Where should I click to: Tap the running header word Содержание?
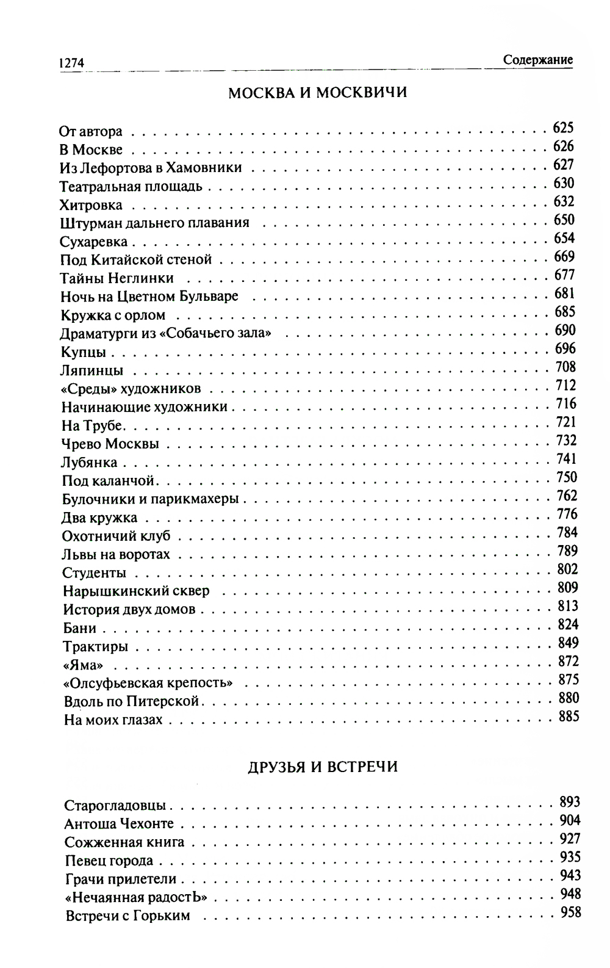coord(538,60)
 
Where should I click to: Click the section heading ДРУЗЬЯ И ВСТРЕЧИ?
coord(323,767)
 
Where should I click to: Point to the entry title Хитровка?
coord(91,205)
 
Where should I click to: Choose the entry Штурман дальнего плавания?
coord(155,223)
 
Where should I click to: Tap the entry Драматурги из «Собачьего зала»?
coord(166,334)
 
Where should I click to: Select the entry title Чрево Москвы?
coord(110,444)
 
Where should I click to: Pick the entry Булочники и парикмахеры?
coord(151,499)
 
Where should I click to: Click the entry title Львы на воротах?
coord(116,555)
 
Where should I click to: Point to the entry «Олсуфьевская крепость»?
coord(148,683)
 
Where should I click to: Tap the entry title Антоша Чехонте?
coord(119,824)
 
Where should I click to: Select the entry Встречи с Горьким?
coord(127,916)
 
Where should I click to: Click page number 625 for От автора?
coord(563,128)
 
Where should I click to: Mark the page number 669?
coord(564,256)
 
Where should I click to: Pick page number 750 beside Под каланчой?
coord(566,477)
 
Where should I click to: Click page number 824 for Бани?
coord(567,624)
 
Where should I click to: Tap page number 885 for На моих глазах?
coord(569,716)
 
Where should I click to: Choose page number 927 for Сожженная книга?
coord(570,839)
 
